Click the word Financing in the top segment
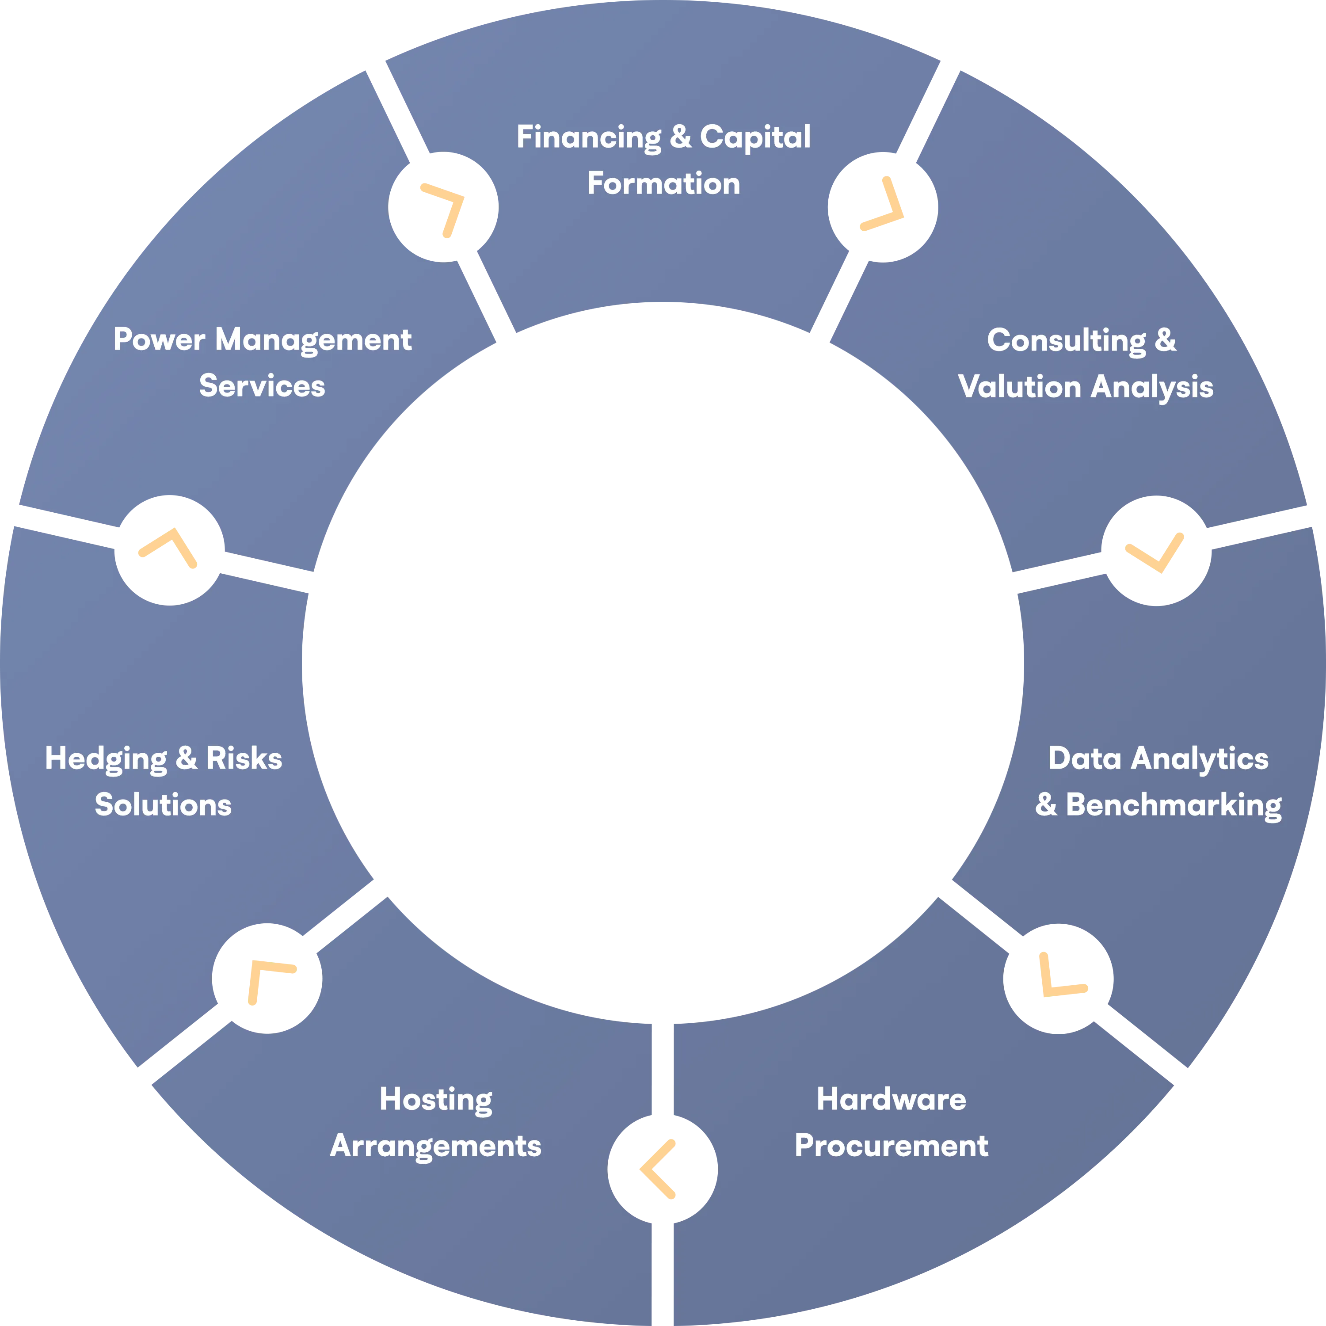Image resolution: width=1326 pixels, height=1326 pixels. (588, 137)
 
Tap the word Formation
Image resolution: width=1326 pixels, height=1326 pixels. (664, 184)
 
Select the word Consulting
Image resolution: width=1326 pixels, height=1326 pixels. (1066, 340)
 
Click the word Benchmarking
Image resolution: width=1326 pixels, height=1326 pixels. (1173, 805)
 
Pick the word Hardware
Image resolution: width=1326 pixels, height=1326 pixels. (891, 1100)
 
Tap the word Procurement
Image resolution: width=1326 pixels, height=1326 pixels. (891, 1146)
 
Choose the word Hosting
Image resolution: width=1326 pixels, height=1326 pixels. (436, 1100)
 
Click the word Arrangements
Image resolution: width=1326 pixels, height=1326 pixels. (436, 1146)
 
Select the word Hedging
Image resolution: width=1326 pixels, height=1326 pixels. (106, 759)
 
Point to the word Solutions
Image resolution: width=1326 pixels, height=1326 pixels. (164, 805)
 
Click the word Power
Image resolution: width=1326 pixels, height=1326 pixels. (159, 340)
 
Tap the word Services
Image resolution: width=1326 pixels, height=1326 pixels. (262, 386)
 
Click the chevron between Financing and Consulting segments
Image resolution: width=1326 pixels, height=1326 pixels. (883, 206)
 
